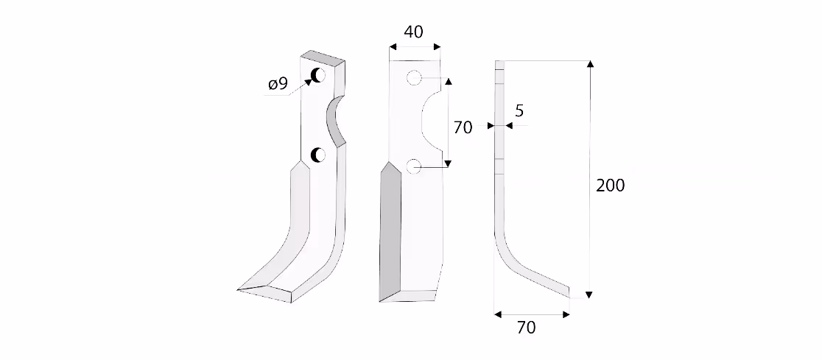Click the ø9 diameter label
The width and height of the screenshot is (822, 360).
(278, 84)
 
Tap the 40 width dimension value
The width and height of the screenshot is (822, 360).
(414, 32)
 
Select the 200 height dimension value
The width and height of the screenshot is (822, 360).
(610, 186)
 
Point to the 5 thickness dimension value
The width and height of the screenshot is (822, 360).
(519, 110)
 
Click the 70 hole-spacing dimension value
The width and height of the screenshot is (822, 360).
(463, 127)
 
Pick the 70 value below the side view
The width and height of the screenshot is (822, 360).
(527, 328)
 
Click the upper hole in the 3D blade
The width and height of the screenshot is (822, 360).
(318, 76)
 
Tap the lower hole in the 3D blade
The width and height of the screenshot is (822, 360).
(318, 155)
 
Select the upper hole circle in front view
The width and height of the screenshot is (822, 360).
(414, 79)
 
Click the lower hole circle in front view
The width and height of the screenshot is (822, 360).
(414, 166)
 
